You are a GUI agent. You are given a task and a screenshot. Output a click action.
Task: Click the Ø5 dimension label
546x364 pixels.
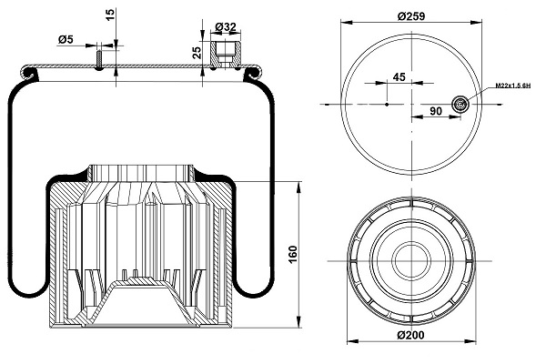pyautogui.click(x=66, y=39)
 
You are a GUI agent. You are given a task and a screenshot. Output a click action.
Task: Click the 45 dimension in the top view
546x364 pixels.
pyautogui.click(x=398, y=77)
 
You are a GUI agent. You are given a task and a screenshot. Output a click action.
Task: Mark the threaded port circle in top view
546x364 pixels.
pyautogui.click(x=461, y=106)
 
